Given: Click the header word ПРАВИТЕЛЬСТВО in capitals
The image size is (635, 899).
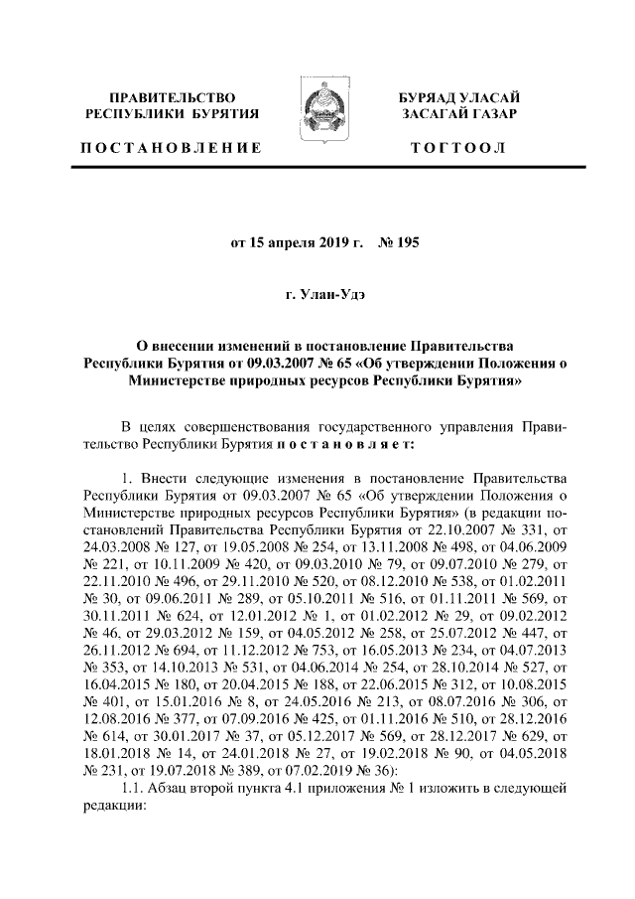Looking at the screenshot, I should [x=172, y=97].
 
